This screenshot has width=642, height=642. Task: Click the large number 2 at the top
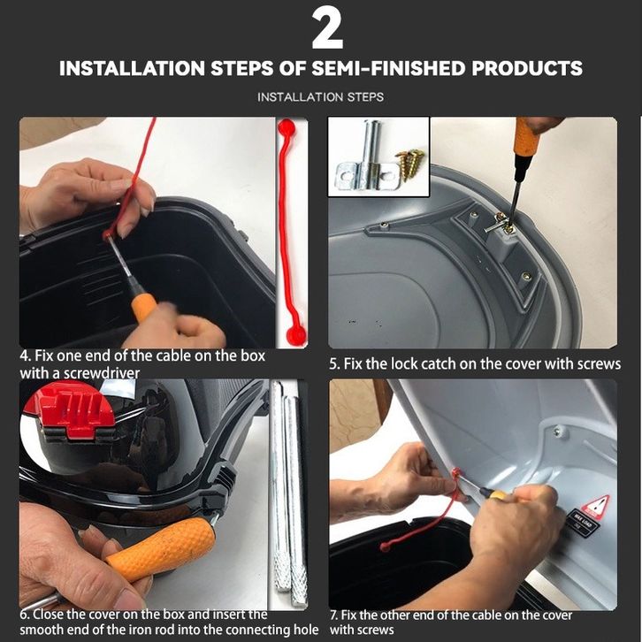(327, 28)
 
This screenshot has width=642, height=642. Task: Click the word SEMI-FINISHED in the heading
(388, 68)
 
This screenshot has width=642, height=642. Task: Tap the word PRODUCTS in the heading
(526, 68)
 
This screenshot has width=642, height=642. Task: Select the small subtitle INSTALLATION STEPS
(321, 97)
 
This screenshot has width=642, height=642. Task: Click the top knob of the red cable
(286, 126)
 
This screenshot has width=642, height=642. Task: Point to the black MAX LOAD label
(584, 526)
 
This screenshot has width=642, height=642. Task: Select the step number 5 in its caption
(333, 363)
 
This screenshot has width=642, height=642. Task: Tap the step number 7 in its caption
(333, 615)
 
